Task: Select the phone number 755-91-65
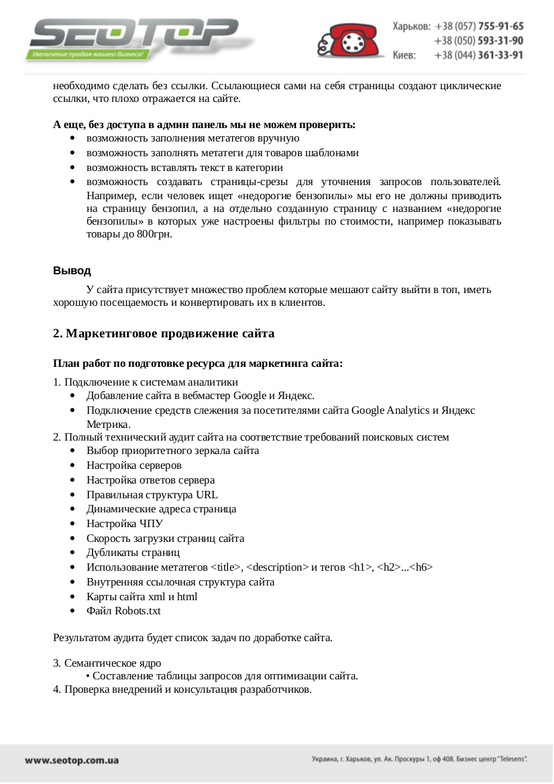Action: click(x=500, y=26)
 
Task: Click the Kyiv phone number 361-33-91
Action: click(x=500, y=55)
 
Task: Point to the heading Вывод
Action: click(x=72, y=271)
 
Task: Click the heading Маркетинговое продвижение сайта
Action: click(x=164, y=333)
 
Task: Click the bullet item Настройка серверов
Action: click(x=134, y=465)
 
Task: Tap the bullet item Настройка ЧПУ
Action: click(x=125, y=523)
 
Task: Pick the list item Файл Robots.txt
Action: click(x=123, y=610)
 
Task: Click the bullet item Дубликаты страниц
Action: click(x=133, y=553)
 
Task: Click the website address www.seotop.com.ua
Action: click(x=72, y=761)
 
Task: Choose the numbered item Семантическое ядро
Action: click(x=113, y=663)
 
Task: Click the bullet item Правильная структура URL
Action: click(x=152, y=494)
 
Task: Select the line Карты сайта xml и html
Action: click(x=142, y=596)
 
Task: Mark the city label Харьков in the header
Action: click(x=411, y=26)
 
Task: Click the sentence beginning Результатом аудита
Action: click(x=192, y=637)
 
